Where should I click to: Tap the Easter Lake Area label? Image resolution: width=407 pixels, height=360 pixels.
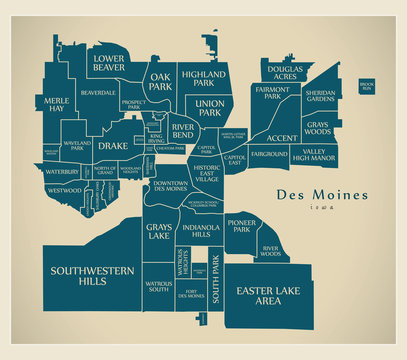[x=267, y=295]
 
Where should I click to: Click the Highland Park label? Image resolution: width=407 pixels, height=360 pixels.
[x=208, y=78]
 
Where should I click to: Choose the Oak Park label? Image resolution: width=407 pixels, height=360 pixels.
[x=161, y=81]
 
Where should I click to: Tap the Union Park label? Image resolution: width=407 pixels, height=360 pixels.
[x=208, y=108]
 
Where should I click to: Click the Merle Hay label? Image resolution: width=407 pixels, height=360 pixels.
[x=58, y=105]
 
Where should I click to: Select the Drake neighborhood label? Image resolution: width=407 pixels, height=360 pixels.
[x=113, y=146]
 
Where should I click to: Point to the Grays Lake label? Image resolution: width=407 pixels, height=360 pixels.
[x=159, y=234]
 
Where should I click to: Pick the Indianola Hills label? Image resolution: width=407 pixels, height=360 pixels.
[x=201, y=233]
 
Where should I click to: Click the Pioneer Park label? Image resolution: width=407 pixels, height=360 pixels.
[x=241, y=225]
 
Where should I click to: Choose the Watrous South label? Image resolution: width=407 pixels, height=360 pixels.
[x=157, y=288]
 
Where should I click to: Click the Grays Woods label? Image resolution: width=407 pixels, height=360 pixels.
[x=317, y=127]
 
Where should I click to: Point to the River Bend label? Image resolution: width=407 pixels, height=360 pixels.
[x=182, y=131]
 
